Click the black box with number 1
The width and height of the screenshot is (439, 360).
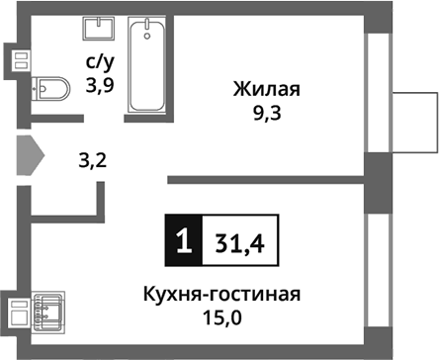[181, 240]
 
